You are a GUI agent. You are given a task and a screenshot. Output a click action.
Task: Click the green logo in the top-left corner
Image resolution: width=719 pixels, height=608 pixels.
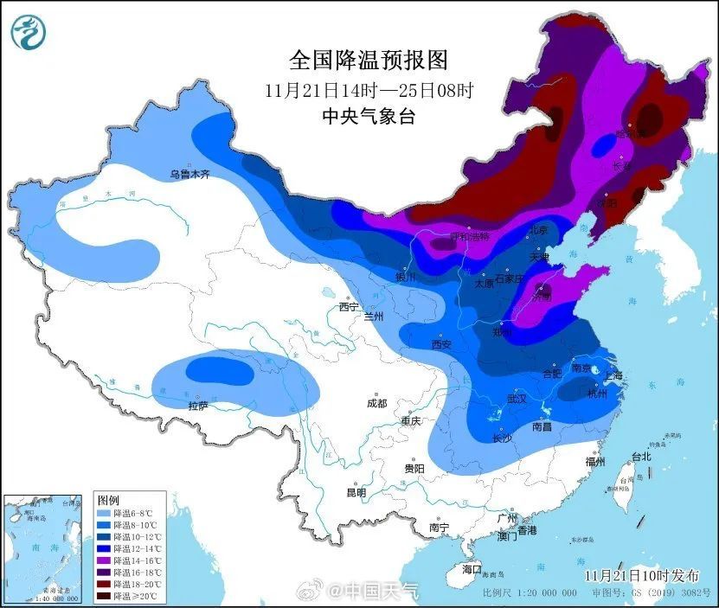point(27,32)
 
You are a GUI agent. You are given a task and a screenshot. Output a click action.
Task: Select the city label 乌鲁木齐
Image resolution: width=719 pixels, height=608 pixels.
point(189,175)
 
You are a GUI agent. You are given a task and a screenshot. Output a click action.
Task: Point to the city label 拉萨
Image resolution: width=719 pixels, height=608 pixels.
point(198,406)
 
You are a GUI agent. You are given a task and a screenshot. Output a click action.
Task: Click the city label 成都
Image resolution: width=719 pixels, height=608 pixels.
point(376,403)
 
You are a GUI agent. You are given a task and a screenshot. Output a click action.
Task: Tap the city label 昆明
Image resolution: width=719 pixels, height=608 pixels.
point(356,492)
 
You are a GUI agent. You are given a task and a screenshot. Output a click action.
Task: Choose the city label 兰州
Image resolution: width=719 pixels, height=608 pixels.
point(374,317)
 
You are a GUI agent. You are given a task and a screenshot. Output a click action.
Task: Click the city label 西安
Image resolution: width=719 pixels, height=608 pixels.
point(441,344)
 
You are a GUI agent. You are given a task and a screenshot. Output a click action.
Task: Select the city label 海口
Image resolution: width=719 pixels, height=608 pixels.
point(471,570)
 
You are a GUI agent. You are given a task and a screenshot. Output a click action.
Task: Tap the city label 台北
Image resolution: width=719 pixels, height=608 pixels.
point(640,456)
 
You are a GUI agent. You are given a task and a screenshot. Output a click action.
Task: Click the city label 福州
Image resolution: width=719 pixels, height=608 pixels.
point(595,462)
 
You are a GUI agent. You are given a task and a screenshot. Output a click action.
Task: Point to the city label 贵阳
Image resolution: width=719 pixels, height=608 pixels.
point(414,468)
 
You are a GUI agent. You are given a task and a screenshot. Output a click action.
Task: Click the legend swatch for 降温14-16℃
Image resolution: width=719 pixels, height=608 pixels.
point(106,561)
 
